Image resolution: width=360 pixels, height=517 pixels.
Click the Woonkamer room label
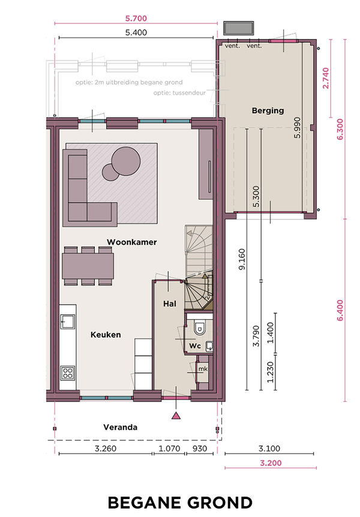click(131, 242)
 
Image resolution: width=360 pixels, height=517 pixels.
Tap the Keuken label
click(106, 335)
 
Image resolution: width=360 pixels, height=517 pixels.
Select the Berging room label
click(268, 111)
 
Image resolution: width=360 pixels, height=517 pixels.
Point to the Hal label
click(170, 303)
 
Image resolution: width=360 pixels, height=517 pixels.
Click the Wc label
click(194, 346)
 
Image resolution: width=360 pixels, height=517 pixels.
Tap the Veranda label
click(120, 427)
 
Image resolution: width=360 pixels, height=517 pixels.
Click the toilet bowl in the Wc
click(199, 327)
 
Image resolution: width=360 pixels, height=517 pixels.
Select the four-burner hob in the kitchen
click(68, 373)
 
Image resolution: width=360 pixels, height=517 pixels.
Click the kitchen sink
click(68, 321)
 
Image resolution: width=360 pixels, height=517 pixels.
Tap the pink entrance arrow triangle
click(176, 416)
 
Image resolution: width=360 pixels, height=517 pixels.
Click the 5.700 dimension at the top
click(136, 19)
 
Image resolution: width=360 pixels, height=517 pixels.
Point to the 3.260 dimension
click(106, 449)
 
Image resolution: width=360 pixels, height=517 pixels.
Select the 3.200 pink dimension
click(271, 463)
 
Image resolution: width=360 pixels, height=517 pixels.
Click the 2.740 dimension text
click(326, 78)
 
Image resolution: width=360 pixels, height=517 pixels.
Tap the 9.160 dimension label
click(242, 260)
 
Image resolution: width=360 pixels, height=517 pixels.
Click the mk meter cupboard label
click(203, 369)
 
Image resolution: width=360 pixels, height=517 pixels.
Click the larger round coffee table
click(126, 161)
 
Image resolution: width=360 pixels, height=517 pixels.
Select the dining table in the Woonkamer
click(88, 266)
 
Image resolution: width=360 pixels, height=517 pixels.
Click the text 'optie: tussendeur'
click(179, 93)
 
